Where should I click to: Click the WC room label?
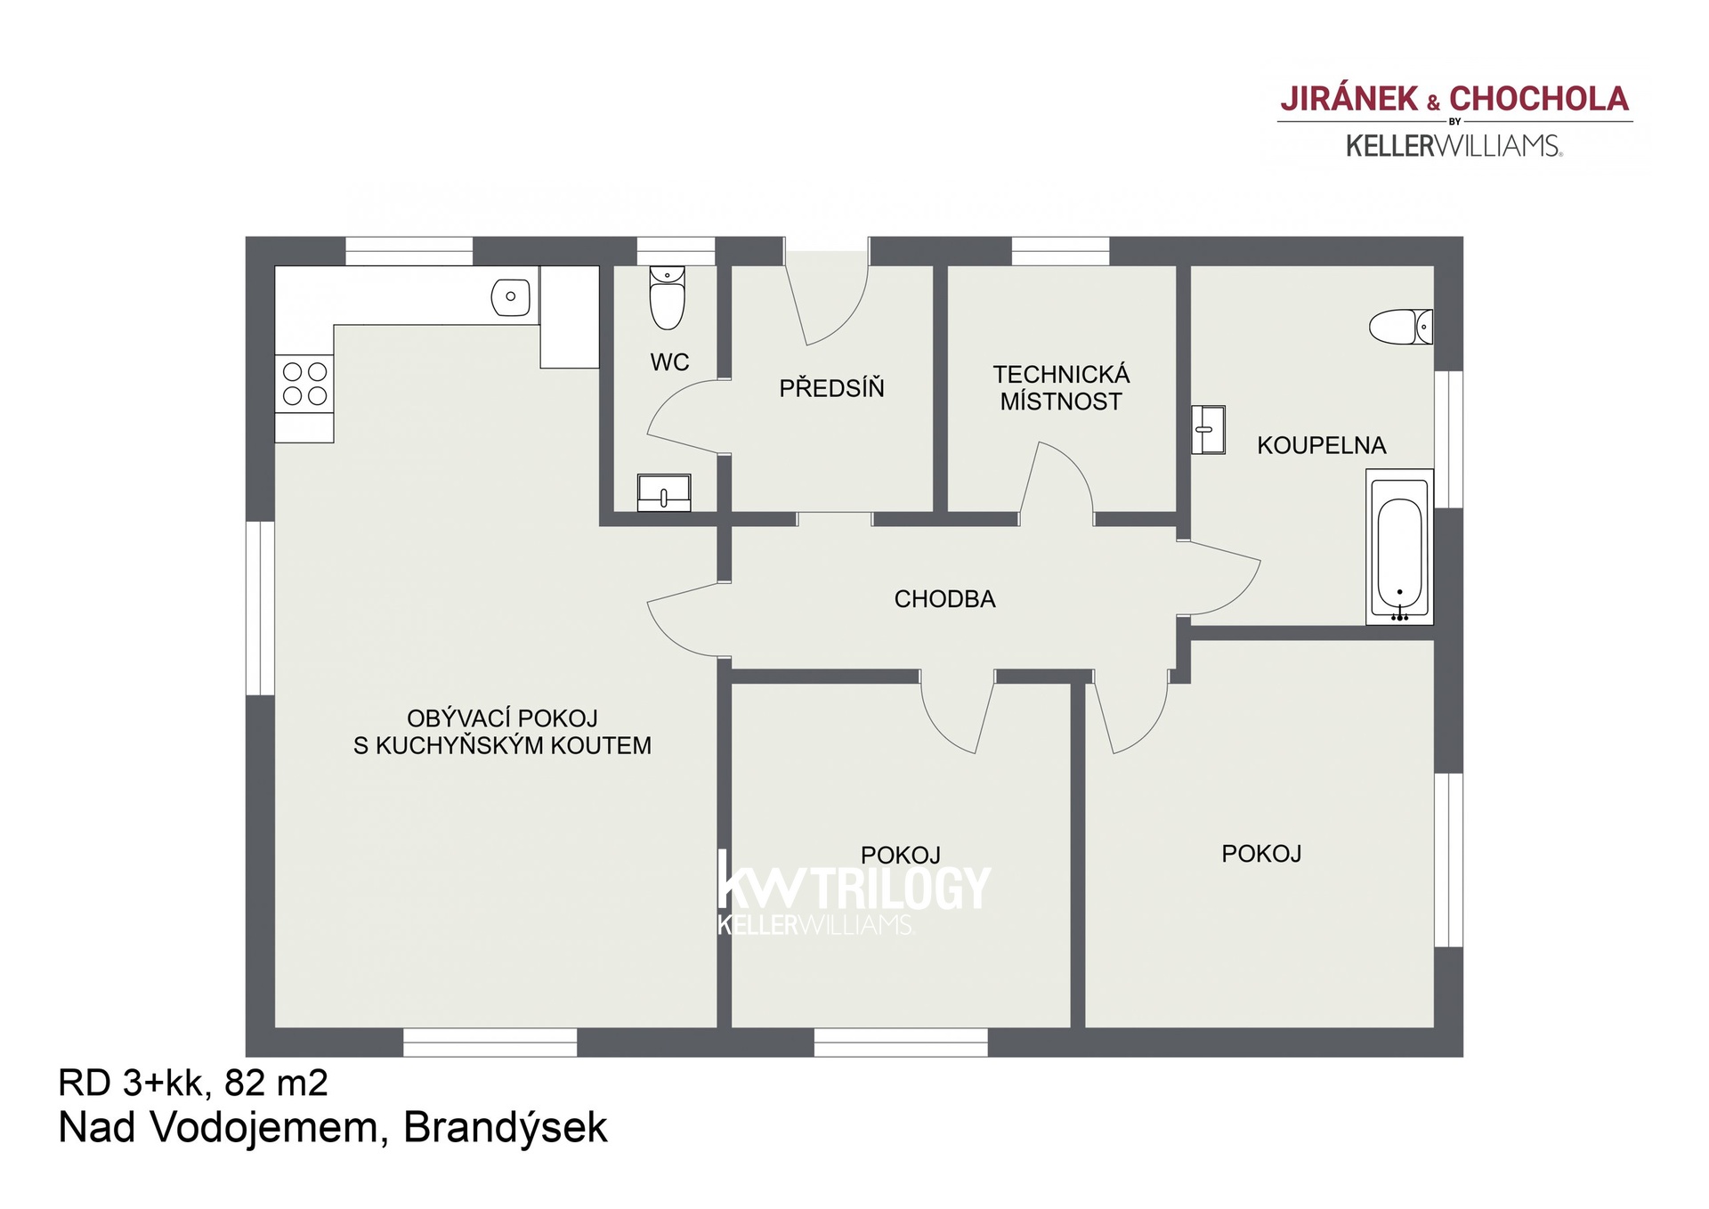(669, 362)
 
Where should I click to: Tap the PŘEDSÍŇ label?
(831, 388)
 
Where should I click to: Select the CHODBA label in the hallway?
(944, 599)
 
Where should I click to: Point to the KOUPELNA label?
(1321, 445)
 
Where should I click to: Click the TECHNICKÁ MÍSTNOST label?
(1061, 388)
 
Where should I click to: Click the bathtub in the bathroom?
(1399, 547)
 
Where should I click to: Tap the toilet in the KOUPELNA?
(1400, 327)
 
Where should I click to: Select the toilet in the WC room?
(667, 297)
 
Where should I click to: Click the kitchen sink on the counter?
(511, 297)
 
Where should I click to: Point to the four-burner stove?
(304, 384)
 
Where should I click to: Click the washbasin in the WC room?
(664, 492)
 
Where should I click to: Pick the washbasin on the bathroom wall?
(1208, 430)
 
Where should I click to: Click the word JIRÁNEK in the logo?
(1349, 99)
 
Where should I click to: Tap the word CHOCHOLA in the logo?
(1539, 99)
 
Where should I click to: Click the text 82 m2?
(276, 1083)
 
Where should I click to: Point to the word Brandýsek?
(505, 1128)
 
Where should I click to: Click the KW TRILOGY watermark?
(853, 890)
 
